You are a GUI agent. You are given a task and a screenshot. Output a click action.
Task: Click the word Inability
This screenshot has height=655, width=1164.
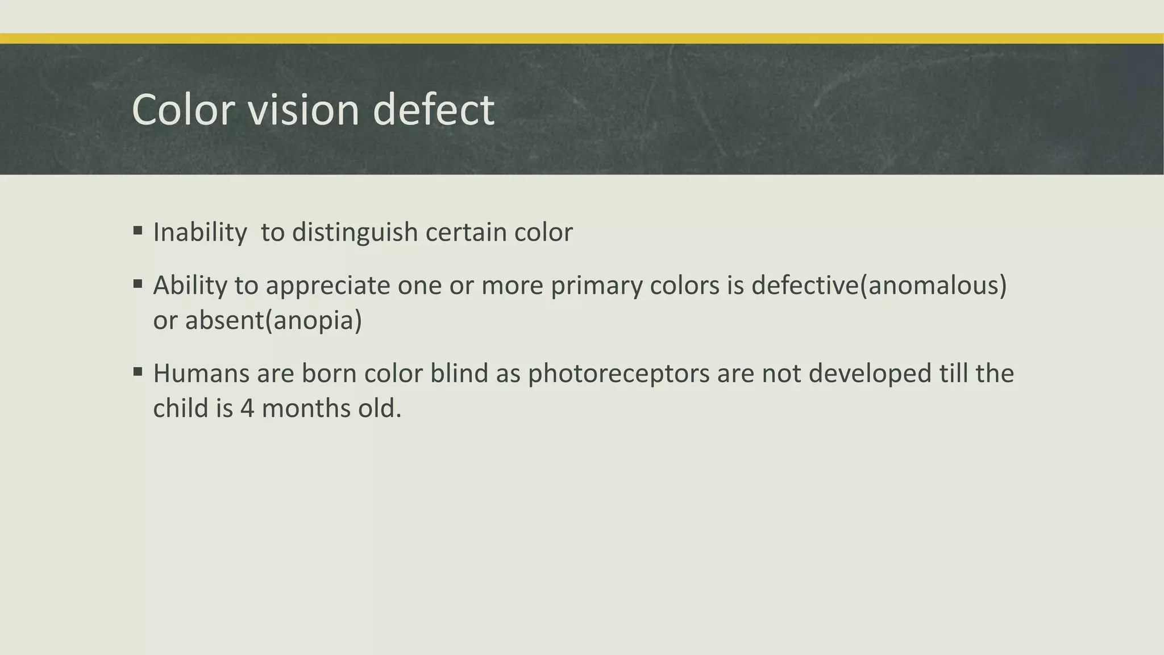200,233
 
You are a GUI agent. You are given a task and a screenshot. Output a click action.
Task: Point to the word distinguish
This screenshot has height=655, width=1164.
355,233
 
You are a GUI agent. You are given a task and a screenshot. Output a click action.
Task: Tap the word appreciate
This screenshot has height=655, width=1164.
328,285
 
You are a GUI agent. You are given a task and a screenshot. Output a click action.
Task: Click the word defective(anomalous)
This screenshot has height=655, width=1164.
879,285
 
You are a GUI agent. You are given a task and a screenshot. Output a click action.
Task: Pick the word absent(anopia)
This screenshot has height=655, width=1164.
273,321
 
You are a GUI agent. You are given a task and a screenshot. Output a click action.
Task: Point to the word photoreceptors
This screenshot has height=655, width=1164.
618,374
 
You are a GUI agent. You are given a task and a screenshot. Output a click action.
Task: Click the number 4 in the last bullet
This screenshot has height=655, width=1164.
247,409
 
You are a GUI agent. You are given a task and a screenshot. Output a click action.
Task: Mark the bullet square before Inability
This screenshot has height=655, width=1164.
138,231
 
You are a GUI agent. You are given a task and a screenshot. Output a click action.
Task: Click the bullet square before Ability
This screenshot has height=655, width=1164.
138,284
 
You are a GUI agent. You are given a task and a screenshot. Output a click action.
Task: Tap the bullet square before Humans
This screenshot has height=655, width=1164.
138,372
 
